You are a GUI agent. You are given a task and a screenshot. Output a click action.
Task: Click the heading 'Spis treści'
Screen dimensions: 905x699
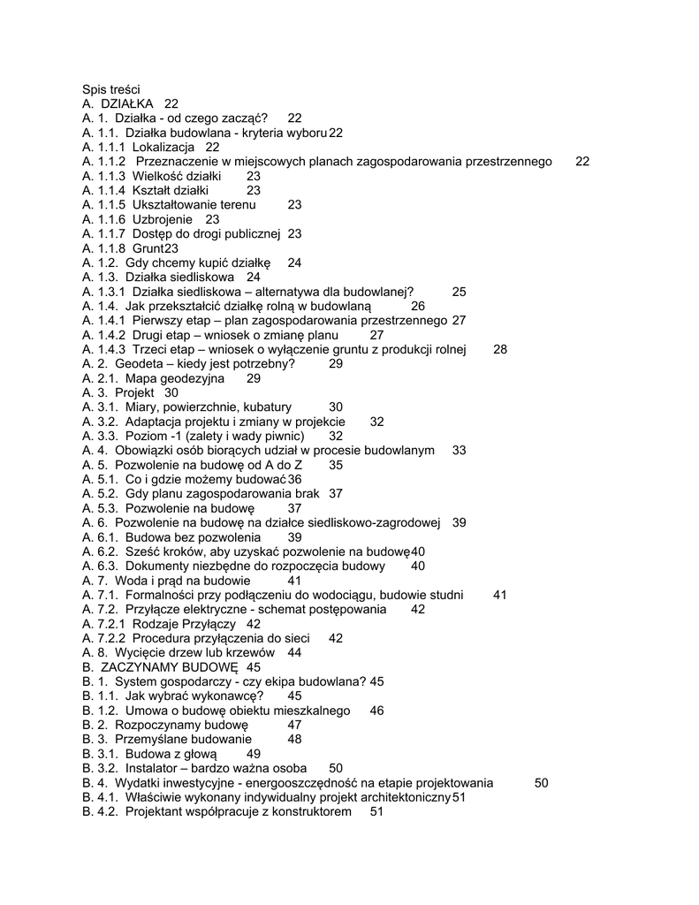[x=111, y=89]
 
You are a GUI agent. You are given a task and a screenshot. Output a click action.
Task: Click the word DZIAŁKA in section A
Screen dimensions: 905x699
[x=127, y=103]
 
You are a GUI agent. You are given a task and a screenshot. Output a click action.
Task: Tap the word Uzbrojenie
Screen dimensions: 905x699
[x=164, y=219]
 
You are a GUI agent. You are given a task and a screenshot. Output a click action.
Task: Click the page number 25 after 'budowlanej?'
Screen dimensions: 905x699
[x=459, y=292]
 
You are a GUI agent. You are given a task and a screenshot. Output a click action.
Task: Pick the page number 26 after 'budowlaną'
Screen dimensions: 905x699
[x=418, y=306]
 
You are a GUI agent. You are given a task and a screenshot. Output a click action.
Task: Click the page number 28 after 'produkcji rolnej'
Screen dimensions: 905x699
[x=500, y=349]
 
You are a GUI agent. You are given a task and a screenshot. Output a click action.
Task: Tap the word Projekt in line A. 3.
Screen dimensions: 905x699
[x=134, y=392]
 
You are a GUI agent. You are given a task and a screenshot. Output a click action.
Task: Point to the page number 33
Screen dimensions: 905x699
[x=459, y=450]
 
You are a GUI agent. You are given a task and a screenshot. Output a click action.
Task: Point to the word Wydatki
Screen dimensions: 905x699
[x=139, y=783]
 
